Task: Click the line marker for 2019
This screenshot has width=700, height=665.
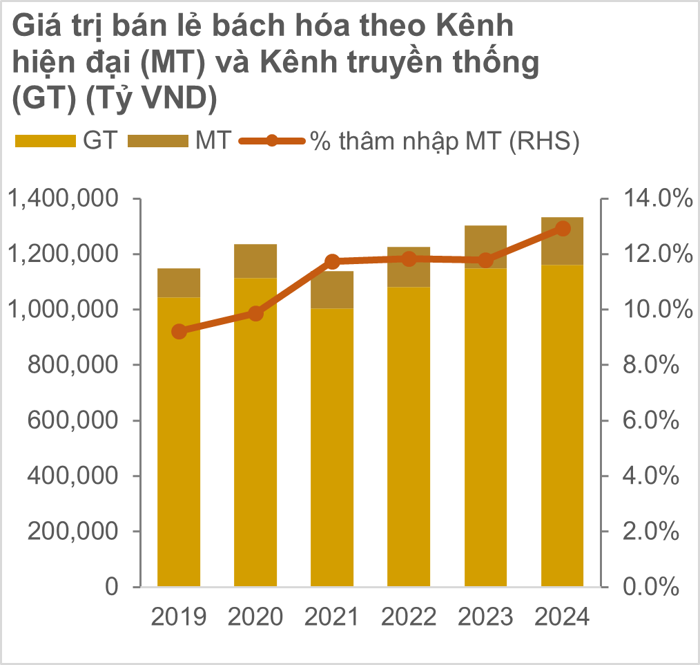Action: (x=179, y=331)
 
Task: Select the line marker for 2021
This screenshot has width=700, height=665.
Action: (x=333, y=261)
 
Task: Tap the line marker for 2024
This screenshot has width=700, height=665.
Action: (x=563, y=228)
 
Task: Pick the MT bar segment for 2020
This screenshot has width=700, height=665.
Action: (x=255, y=261)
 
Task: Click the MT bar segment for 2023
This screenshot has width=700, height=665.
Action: (x=486, y=246)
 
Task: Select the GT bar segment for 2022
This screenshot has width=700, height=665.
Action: (x=409, y=435)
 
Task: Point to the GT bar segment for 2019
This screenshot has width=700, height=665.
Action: (x=179, y=442)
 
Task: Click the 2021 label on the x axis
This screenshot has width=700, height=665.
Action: (x=333, y=617)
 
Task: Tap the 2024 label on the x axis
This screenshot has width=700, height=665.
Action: (x=563, y=617)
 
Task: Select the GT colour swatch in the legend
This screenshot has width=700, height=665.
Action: (x=45, y=141)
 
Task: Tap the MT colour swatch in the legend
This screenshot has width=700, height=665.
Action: (x=162, y=141)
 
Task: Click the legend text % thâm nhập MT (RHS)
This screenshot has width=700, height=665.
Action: (x=443, y=141)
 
